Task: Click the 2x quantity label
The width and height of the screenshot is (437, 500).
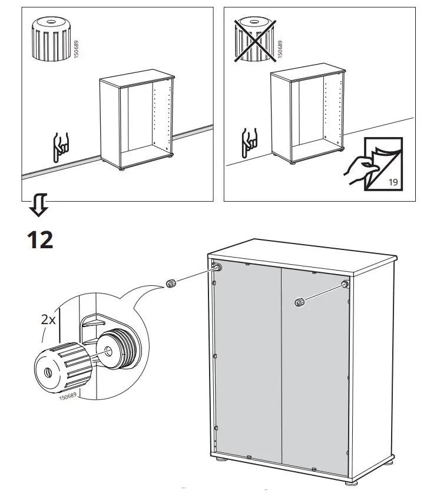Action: point(48,320)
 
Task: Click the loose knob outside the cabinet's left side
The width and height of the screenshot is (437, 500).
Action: point(170,284)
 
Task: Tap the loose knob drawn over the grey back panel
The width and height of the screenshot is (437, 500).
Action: point(299,302)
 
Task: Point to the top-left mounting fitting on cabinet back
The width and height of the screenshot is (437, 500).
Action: point(218,268)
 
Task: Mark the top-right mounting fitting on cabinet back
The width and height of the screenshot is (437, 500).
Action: point(343,285)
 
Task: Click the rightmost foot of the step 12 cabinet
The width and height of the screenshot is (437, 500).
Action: point(353,483)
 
